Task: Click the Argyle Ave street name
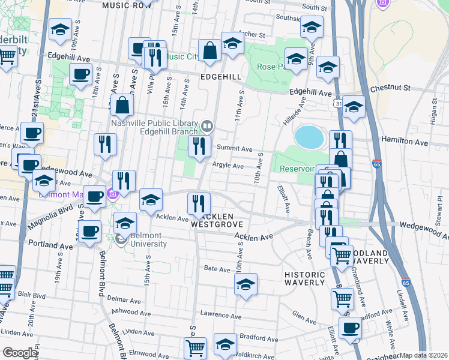point(228,166)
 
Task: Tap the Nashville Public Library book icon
point(207,125)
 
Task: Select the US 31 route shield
point(339,104)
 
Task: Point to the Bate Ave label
point(217,269)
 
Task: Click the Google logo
point(20,353)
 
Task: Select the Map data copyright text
point(424,355)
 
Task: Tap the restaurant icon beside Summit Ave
point(199,146)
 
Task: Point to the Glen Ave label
point(304,313)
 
